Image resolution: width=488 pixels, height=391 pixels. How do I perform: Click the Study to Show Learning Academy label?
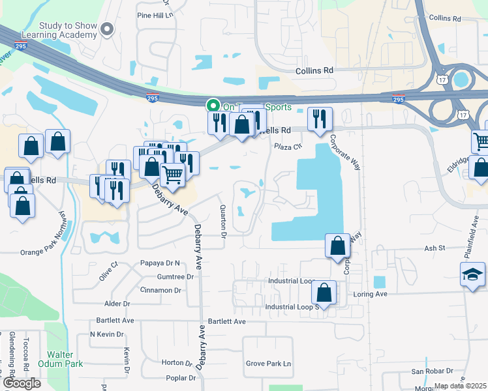pyautogui.click(x=68, y=31)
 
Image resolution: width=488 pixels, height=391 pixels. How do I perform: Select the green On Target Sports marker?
pyautogui.click(x=213, y=106)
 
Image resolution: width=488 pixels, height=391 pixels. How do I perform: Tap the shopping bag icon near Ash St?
pyautogui.click(x=337, y=246)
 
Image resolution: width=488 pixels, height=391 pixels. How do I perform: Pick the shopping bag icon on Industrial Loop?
pyautogui.click(x=324, y=293)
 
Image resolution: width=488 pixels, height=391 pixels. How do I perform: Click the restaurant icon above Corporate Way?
pyautogui.click(x=319, y=119)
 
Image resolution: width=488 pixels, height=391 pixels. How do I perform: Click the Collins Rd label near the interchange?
pyautogui.click(x=314, y=70)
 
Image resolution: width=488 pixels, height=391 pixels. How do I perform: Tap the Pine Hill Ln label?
pyautogui.click(x=155, y=14)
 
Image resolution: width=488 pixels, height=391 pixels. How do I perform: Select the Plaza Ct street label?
pyautogui.click(x=288, y=147)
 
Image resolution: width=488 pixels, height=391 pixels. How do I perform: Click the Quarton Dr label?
pyautogui.click(x=223, y=222)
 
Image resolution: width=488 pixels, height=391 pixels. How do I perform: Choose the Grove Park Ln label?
pyautogui.click(x=268, y=364)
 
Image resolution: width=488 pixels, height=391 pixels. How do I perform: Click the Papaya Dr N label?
pyautogui.click(x=159, y=263)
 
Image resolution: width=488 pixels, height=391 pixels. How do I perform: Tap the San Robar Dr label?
pyautogui.click(x=431, y=371)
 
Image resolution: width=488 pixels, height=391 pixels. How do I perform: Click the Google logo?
pyautogui.click(x=22, y=383)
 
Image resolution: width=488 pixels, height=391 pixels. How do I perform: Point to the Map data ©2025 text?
pyautogui.click(x=461, y=386)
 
